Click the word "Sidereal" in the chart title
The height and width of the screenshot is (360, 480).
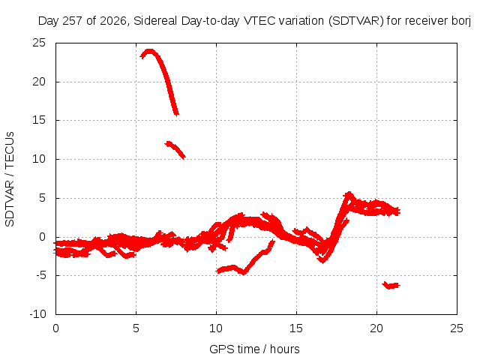click(x=155, y=21)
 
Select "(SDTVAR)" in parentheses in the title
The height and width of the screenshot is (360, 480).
click(x=355, y=21)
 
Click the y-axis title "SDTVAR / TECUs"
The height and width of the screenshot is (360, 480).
click(x=10, y=179)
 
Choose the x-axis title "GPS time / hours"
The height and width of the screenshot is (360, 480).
click(x=254, y=349)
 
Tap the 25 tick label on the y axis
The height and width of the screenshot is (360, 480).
click(x=39, y=43)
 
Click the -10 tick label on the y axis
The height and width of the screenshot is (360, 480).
click(x=37, y=314)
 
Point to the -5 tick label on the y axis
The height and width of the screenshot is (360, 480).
click(x=41, y=275)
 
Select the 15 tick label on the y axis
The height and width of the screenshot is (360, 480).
click(x=39, y=120)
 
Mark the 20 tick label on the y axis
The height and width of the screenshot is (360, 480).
click(x=39, y=82)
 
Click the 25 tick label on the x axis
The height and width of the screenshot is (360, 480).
click(x=457, y=328)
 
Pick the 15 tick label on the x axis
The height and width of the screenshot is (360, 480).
click(x=296, y=328)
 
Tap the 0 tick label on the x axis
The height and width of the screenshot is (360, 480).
click(x=55, y=328)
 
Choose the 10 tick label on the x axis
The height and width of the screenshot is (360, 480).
click(x=216, y=328)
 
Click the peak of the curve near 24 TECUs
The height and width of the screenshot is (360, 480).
click(x=149, y=51)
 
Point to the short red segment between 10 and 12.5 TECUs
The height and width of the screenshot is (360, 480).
click(x=175, y=149)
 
